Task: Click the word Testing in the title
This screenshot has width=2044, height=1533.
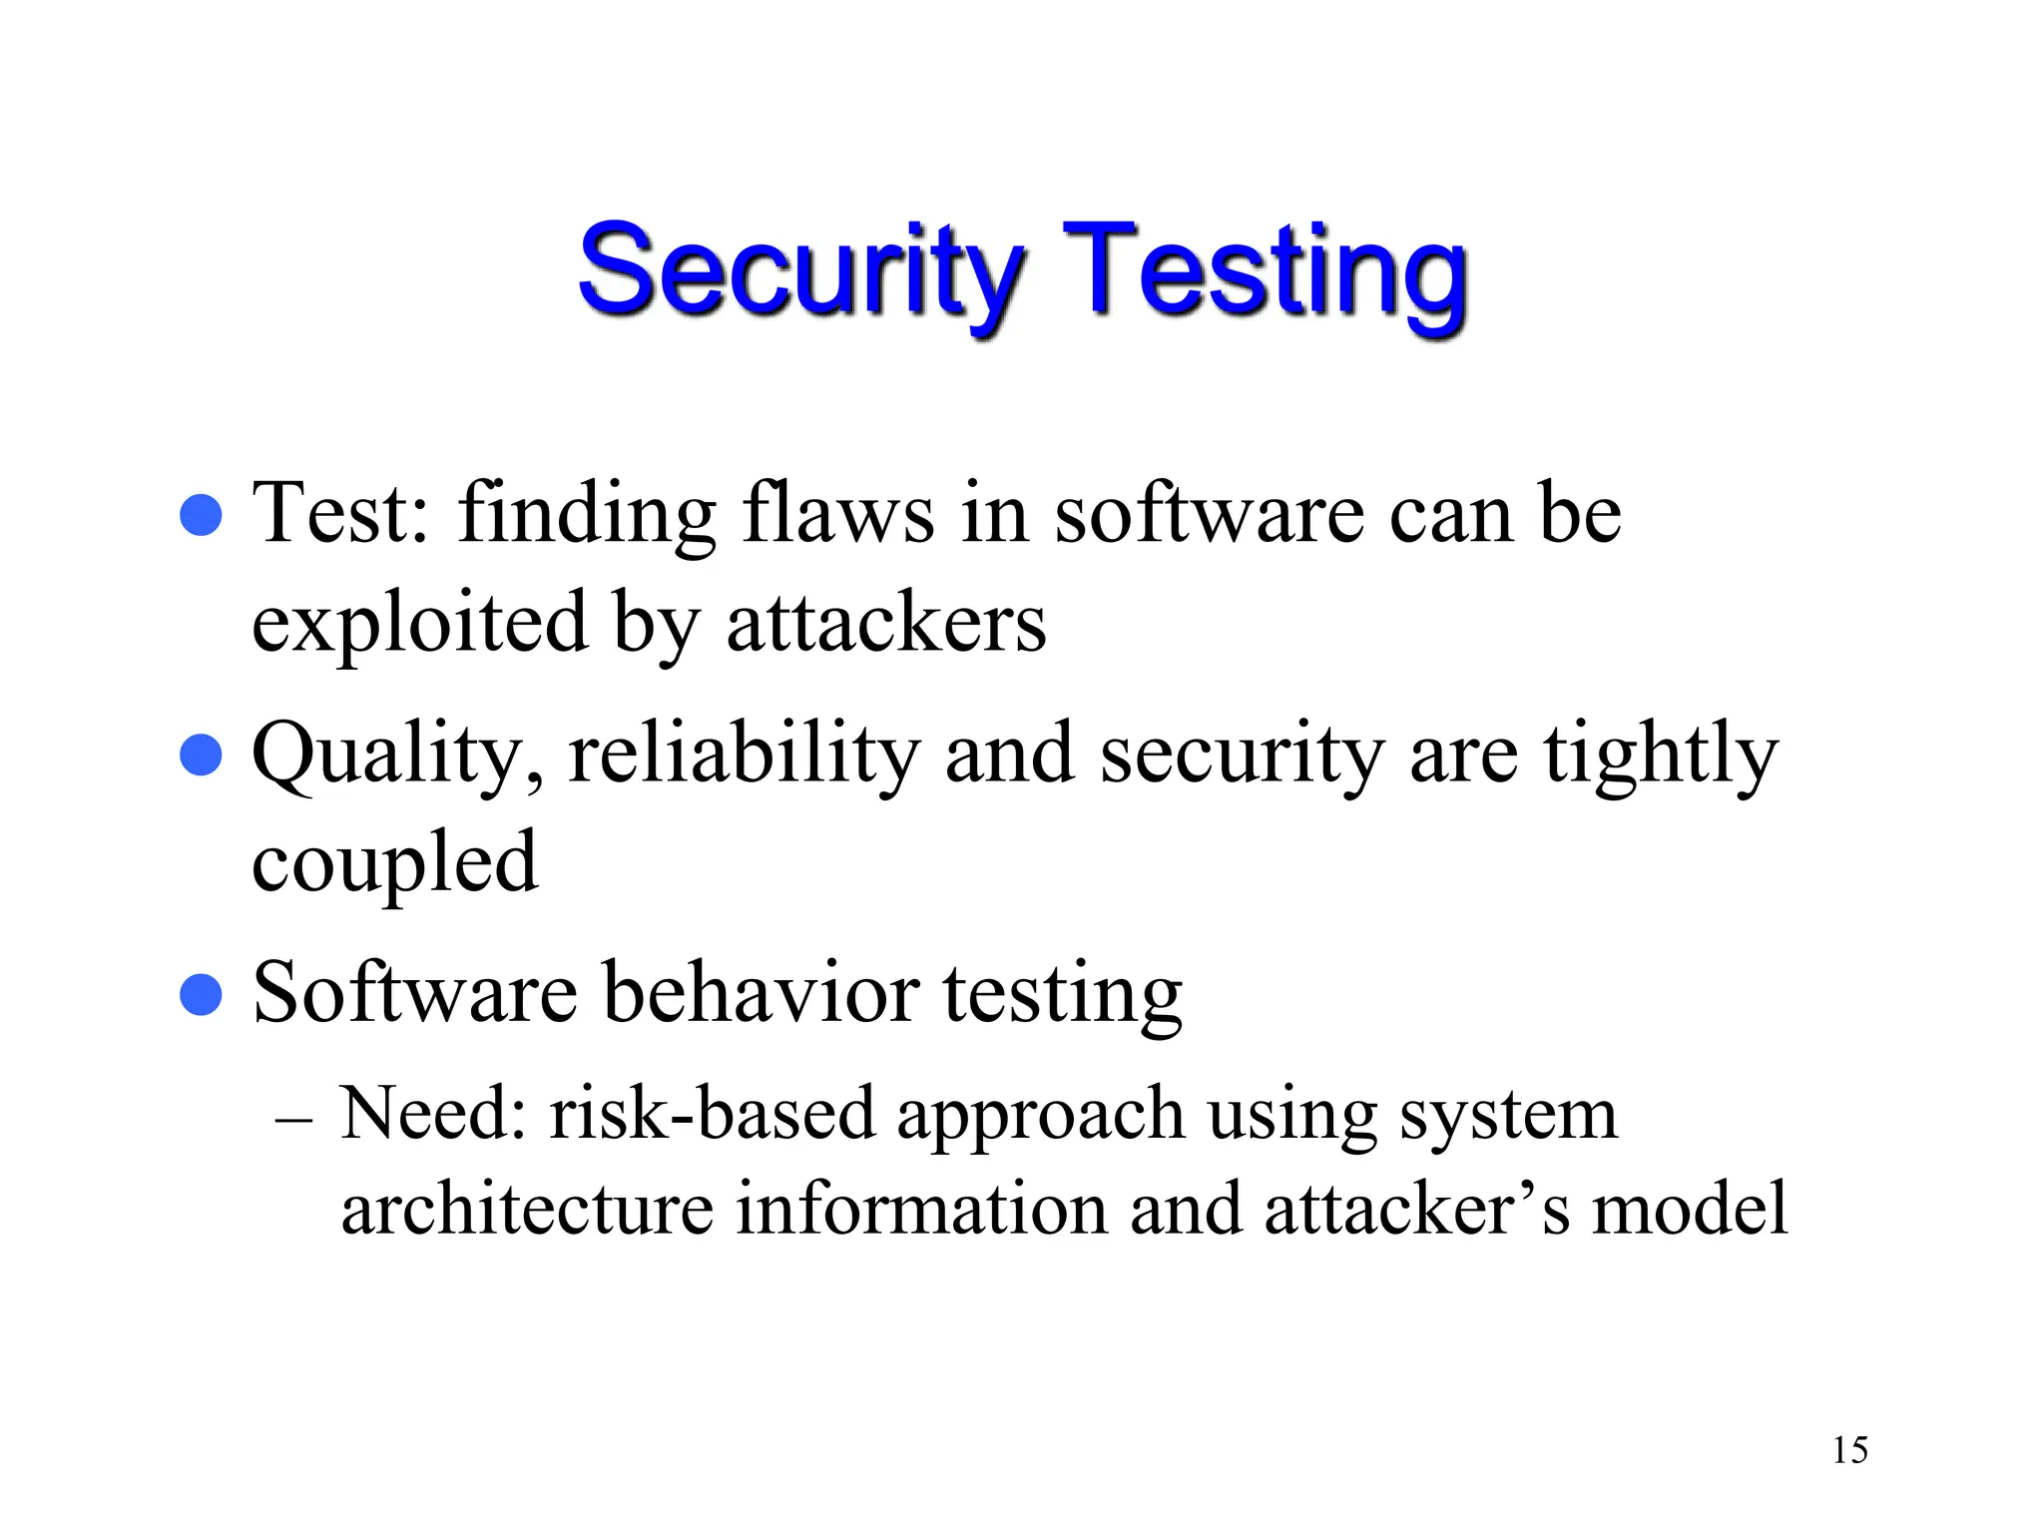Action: [1266, 271]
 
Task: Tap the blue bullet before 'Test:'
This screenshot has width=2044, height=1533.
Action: [201, 515]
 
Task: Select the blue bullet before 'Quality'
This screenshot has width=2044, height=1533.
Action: [201, 755]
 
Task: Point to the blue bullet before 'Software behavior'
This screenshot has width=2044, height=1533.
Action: [201, 994]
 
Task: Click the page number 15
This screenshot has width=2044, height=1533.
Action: [1849, 1450]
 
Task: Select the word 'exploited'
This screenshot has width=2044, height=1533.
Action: [419, 624]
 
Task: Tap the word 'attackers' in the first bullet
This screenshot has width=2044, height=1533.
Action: [886, 624]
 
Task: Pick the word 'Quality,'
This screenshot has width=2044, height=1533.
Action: [397, 757]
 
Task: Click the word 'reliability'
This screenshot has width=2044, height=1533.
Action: [744, 755]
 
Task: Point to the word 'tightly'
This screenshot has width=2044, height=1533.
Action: [1661, 757]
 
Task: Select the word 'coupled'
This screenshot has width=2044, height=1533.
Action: [394, 864]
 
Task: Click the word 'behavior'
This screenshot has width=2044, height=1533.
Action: [762, 994]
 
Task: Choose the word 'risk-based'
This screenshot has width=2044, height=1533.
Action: [712, 1114]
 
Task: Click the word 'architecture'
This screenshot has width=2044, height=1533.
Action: [527, 1209]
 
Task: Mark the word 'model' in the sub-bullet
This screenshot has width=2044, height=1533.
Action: [1689, 1209]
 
